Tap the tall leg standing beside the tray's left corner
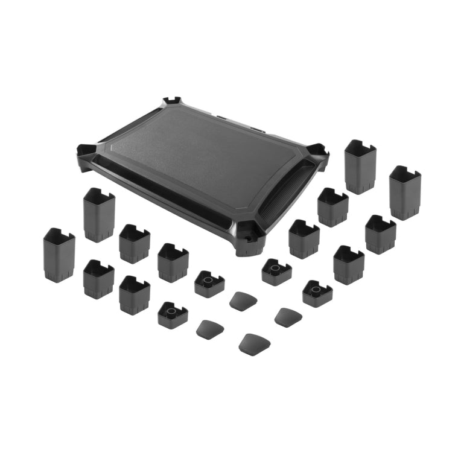click(x=99, y=214)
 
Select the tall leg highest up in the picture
click(x=360, y=167)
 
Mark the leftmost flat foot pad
click(x=210, y=329)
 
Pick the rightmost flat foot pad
click(x=288, y=316)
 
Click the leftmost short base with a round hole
click(x=172, y=314)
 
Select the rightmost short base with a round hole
click(x=317, y=293)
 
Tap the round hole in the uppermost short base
click(x=275, y=267)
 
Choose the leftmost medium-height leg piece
click(x=98, y=278)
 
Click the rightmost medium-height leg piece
click(x=380, y=234)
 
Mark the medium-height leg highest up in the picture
click(x=332, y=206)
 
